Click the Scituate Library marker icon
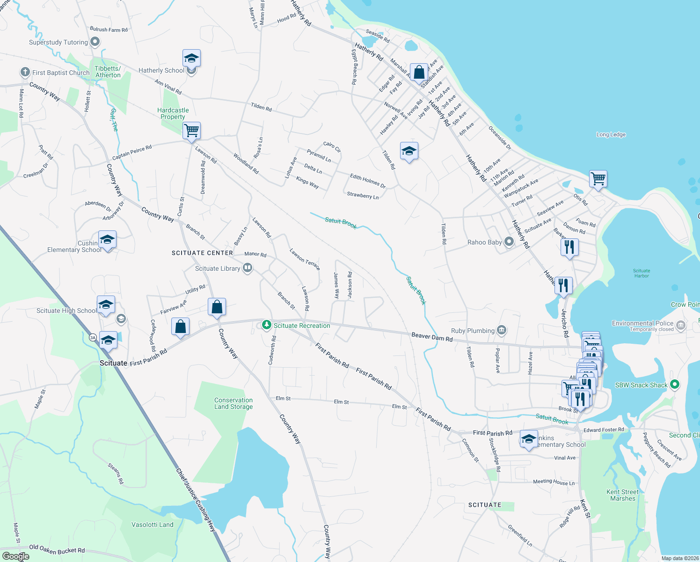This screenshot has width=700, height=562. (248, 268)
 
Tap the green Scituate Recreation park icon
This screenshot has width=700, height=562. (267, 325)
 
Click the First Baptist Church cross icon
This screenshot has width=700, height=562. (25, 72)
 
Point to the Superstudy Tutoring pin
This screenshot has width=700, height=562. (95, 42)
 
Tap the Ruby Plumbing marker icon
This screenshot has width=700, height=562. (502, 330)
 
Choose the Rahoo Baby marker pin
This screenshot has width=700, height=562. (509, 242)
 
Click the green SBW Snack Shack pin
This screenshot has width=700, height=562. (674, 385)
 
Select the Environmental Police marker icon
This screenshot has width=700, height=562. (681, 325)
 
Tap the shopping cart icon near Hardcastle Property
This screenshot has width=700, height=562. (191, 130)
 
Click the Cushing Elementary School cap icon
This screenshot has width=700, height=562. (107, 240)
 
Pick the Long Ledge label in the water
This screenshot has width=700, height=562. (611, 134)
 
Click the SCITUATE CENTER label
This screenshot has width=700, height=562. (202, 253)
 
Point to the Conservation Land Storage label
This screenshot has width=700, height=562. (233, 403)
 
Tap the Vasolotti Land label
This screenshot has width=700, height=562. (153, 525)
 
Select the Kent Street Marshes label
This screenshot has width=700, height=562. (622, 495)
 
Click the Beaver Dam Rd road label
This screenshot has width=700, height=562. (432, 336)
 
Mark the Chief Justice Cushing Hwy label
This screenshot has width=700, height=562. (196, 499)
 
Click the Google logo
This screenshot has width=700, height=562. (16, 556)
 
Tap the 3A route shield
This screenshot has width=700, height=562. (93, 337)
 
